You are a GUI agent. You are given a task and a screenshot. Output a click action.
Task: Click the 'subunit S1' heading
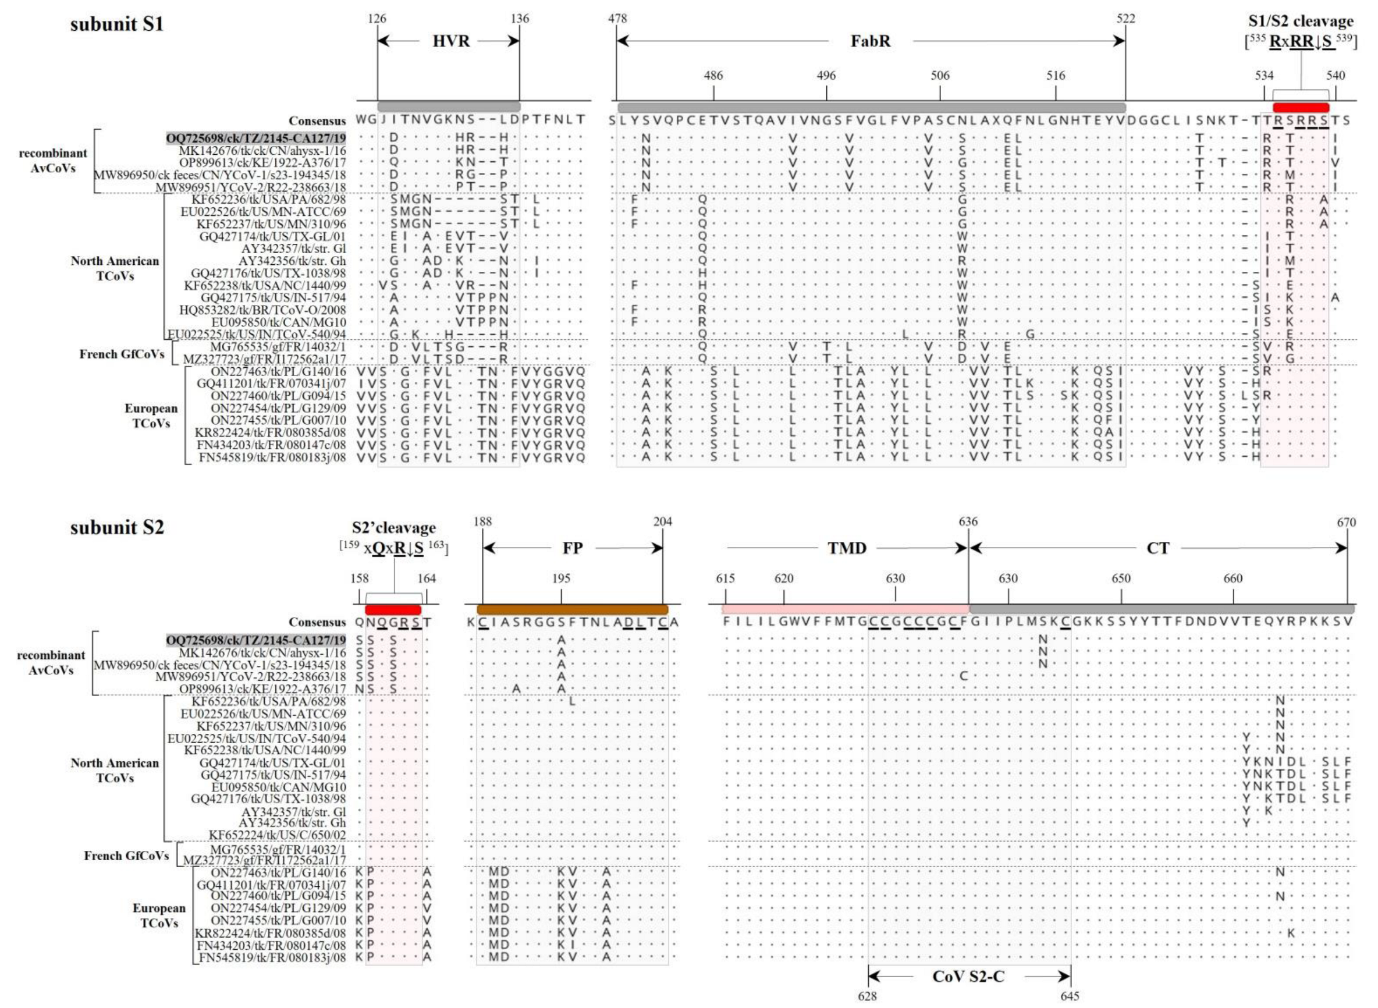point(116,24)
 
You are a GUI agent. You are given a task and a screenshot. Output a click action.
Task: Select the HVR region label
point(451,41)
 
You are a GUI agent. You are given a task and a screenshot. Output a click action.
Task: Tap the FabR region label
point(870,41)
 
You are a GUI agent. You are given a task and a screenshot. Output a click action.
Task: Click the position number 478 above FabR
point(617,18)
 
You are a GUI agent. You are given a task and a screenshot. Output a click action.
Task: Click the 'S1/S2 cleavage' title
point(1300,22)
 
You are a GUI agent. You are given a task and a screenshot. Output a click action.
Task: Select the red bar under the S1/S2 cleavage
point(1301,108)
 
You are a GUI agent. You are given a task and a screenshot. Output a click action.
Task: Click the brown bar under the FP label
point(572,609)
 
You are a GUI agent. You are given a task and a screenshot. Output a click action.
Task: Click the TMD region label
point(847,548)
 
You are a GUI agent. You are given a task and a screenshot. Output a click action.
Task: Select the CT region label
point(1157,548)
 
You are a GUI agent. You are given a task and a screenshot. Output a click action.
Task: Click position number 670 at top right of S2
point(1345,522)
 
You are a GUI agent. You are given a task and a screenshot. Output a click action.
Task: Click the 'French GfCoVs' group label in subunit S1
point(122,354)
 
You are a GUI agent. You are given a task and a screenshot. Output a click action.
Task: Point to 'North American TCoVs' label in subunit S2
point(115,770)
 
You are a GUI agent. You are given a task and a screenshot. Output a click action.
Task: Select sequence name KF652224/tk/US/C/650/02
point(277,835)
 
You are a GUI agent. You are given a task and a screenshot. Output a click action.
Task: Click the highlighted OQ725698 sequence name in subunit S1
point(255,138)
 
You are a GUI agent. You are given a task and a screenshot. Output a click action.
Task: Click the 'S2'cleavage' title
point(393,528)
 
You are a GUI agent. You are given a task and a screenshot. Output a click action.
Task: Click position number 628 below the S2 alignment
point(867,996)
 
